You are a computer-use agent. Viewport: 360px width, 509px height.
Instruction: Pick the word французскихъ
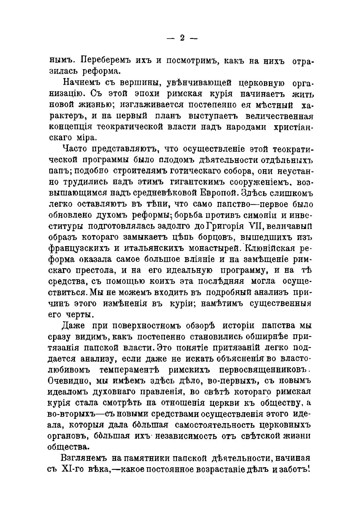(x=77, y=249)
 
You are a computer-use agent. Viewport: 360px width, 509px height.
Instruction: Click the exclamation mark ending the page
(x=310, y=469)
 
